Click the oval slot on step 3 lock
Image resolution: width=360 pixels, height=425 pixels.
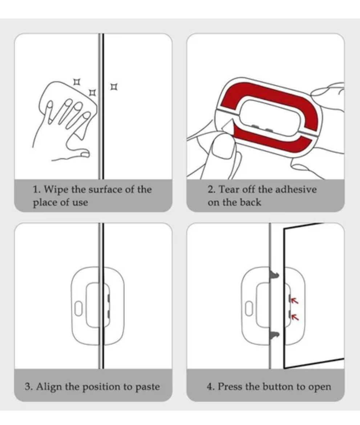(x=78, y=308)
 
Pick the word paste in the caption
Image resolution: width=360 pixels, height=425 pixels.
(x=147, y=387)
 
